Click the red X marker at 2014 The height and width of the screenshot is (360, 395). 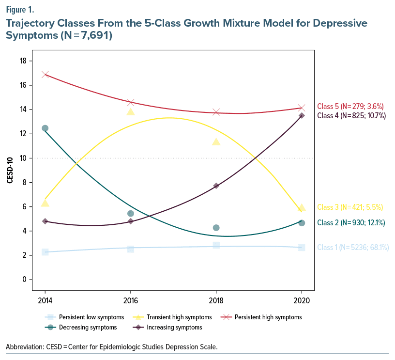coord(45,74)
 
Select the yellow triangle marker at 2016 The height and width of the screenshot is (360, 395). coord(130,111)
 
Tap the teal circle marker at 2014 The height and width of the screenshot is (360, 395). coord(45,128)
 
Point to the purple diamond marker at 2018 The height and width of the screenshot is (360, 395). coord(216,186)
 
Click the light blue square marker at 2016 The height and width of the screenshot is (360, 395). coord(130,249)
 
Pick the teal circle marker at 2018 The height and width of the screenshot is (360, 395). coord(216,228)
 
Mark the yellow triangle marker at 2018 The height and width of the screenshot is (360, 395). coord(216,141)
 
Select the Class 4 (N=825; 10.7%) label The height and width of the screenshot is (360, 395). coord(351,116)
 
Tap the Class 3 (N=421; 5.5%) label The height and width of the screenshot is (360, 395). coord(350,207)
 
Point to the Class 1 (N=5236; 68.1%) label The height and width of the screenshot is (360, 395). coord(353,248)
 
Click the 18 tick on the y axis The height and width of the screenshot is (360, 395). coord(23,61)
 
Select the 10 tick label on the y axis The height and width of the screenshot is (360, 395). coord(23,158)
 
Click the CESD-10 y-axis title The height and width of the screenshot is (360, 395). coord(10,170)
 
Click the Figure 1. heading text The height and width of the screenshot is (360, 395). coord(20,9)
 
